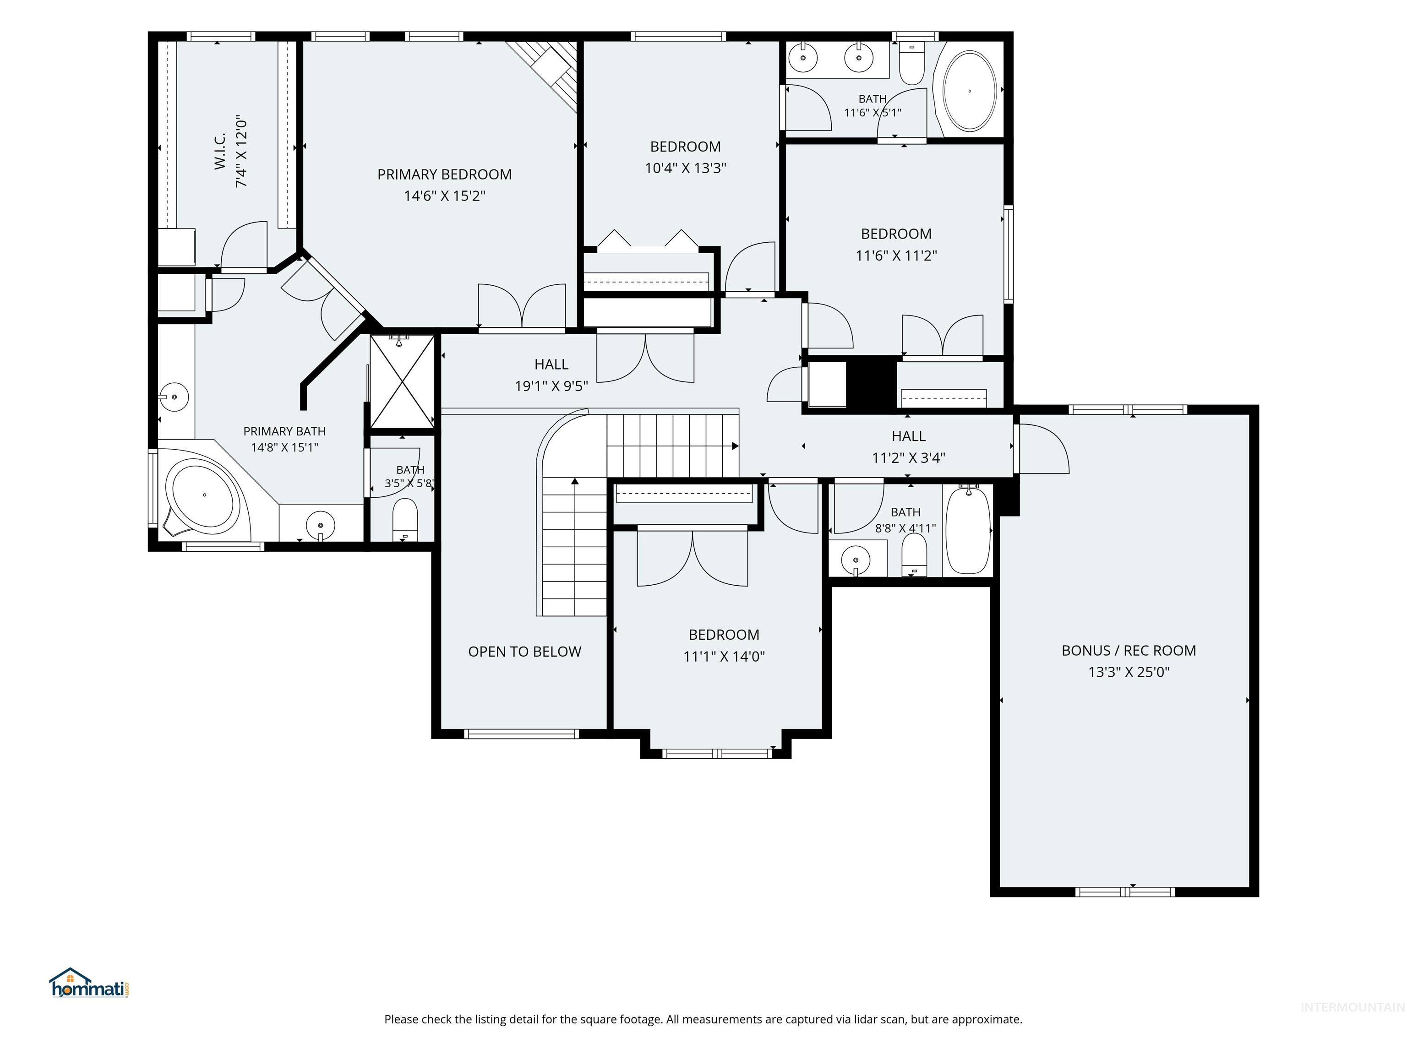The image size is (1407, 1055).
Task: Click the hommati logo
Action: tap(90, 983)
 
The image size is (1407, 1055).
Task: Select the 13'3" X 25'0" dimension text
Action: tap(1129, 672)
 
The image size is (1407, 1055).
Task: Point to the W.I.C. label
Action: tap(220, 152)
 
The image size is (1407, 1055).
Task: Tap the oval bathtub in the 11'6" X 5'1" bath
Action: tap(970, 91)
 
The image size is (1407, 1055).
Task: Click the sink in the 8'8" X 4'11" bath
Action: tap(856, 560)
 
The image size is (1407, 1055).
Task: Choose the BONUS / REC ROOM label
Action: tap(1129, 651)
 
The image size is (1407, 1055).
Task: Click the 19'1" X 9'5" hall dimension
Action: tap(551, 386)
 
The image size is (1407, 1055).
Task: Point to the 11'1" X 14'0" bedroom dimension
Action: tap(724, 656)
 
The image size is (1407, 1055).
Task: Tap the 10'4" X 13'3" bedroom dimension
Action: tap(685, 168)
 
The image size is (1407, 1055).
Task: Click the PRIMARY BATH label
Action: tap(284, 431)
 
